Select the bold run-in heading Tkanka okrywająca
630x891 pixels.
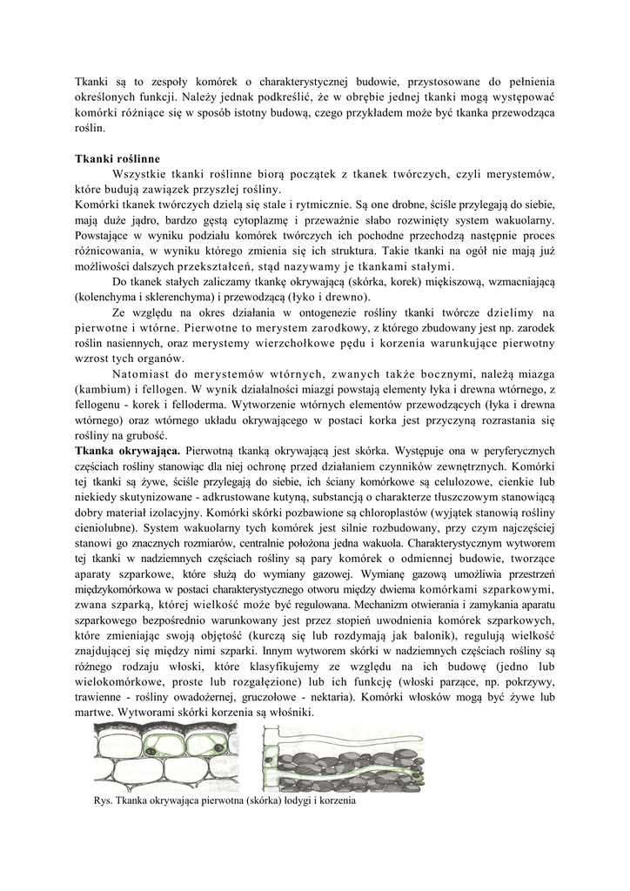pyautogui.click(x=127, y=452)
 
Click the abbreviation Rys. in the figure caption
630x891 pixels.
pyautogui.click(x=102, y=801)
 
